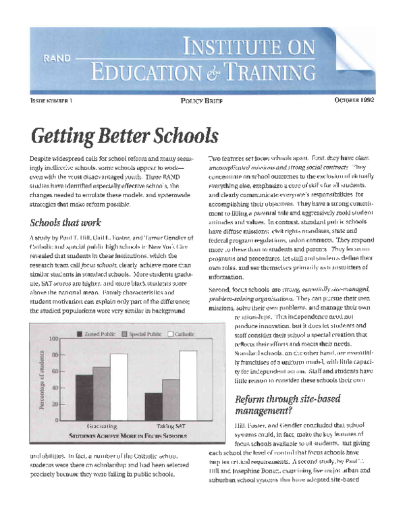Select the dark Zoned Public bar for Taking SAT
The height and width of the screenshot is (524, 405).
tap(153, 406)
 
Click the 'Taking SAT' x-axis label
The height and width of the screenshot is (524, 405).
tap(171, 427)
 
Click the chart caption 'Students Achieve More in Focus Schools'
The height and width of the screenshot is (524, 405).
tap(128, 437)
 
